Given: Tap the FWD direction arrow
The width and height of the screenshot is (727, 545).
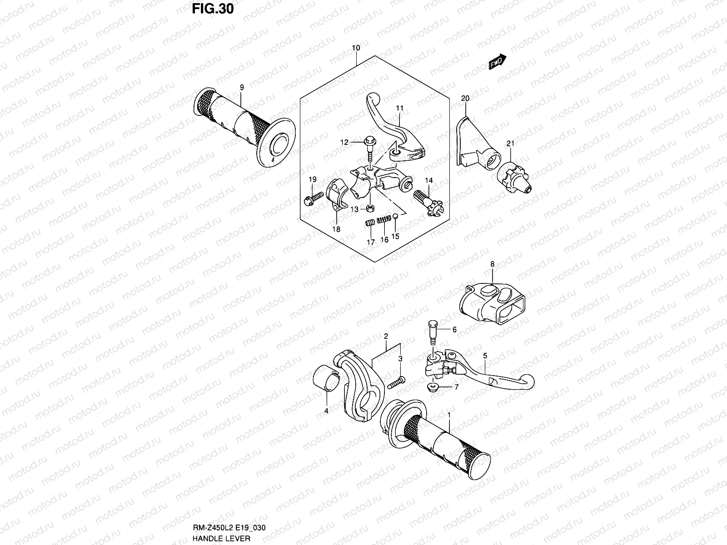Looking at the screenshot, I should (x=498, y=62).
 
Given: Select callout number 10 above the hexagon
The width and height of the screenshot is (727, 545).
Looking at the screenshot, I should (x=356, y=48).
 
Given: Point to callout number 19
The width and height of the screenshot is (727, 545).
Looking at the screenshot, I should (x=312, y=180).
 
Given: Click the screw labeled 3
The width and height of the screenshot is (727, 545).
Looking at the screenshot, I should (x=396, y=382).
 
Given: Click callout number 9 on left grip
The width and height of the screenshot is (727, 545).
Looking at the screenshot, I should (x=242, y=87).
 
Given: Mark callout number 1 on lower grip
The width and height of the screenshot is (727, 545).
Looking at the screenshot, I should (x=449, y=415).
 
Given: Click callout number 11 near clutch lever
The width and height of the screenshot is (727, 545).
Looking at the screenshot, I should (x=399, y=108).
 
